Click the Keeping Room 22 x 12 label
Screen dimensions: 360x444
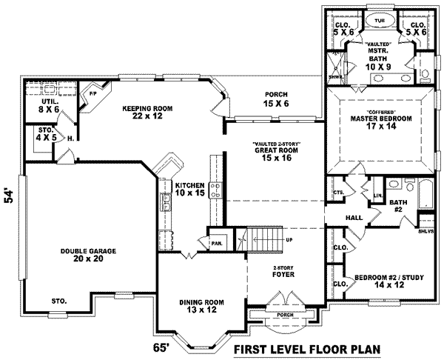149,113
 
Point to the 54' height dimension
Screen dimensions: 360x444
10,196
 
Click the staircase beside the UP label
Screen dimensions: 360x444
262,239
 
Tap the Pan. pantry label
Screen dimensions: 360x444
217,242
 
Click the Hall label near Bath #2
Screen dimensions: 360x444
354,218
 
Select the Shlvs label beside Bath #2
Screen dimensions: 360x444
428,230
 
